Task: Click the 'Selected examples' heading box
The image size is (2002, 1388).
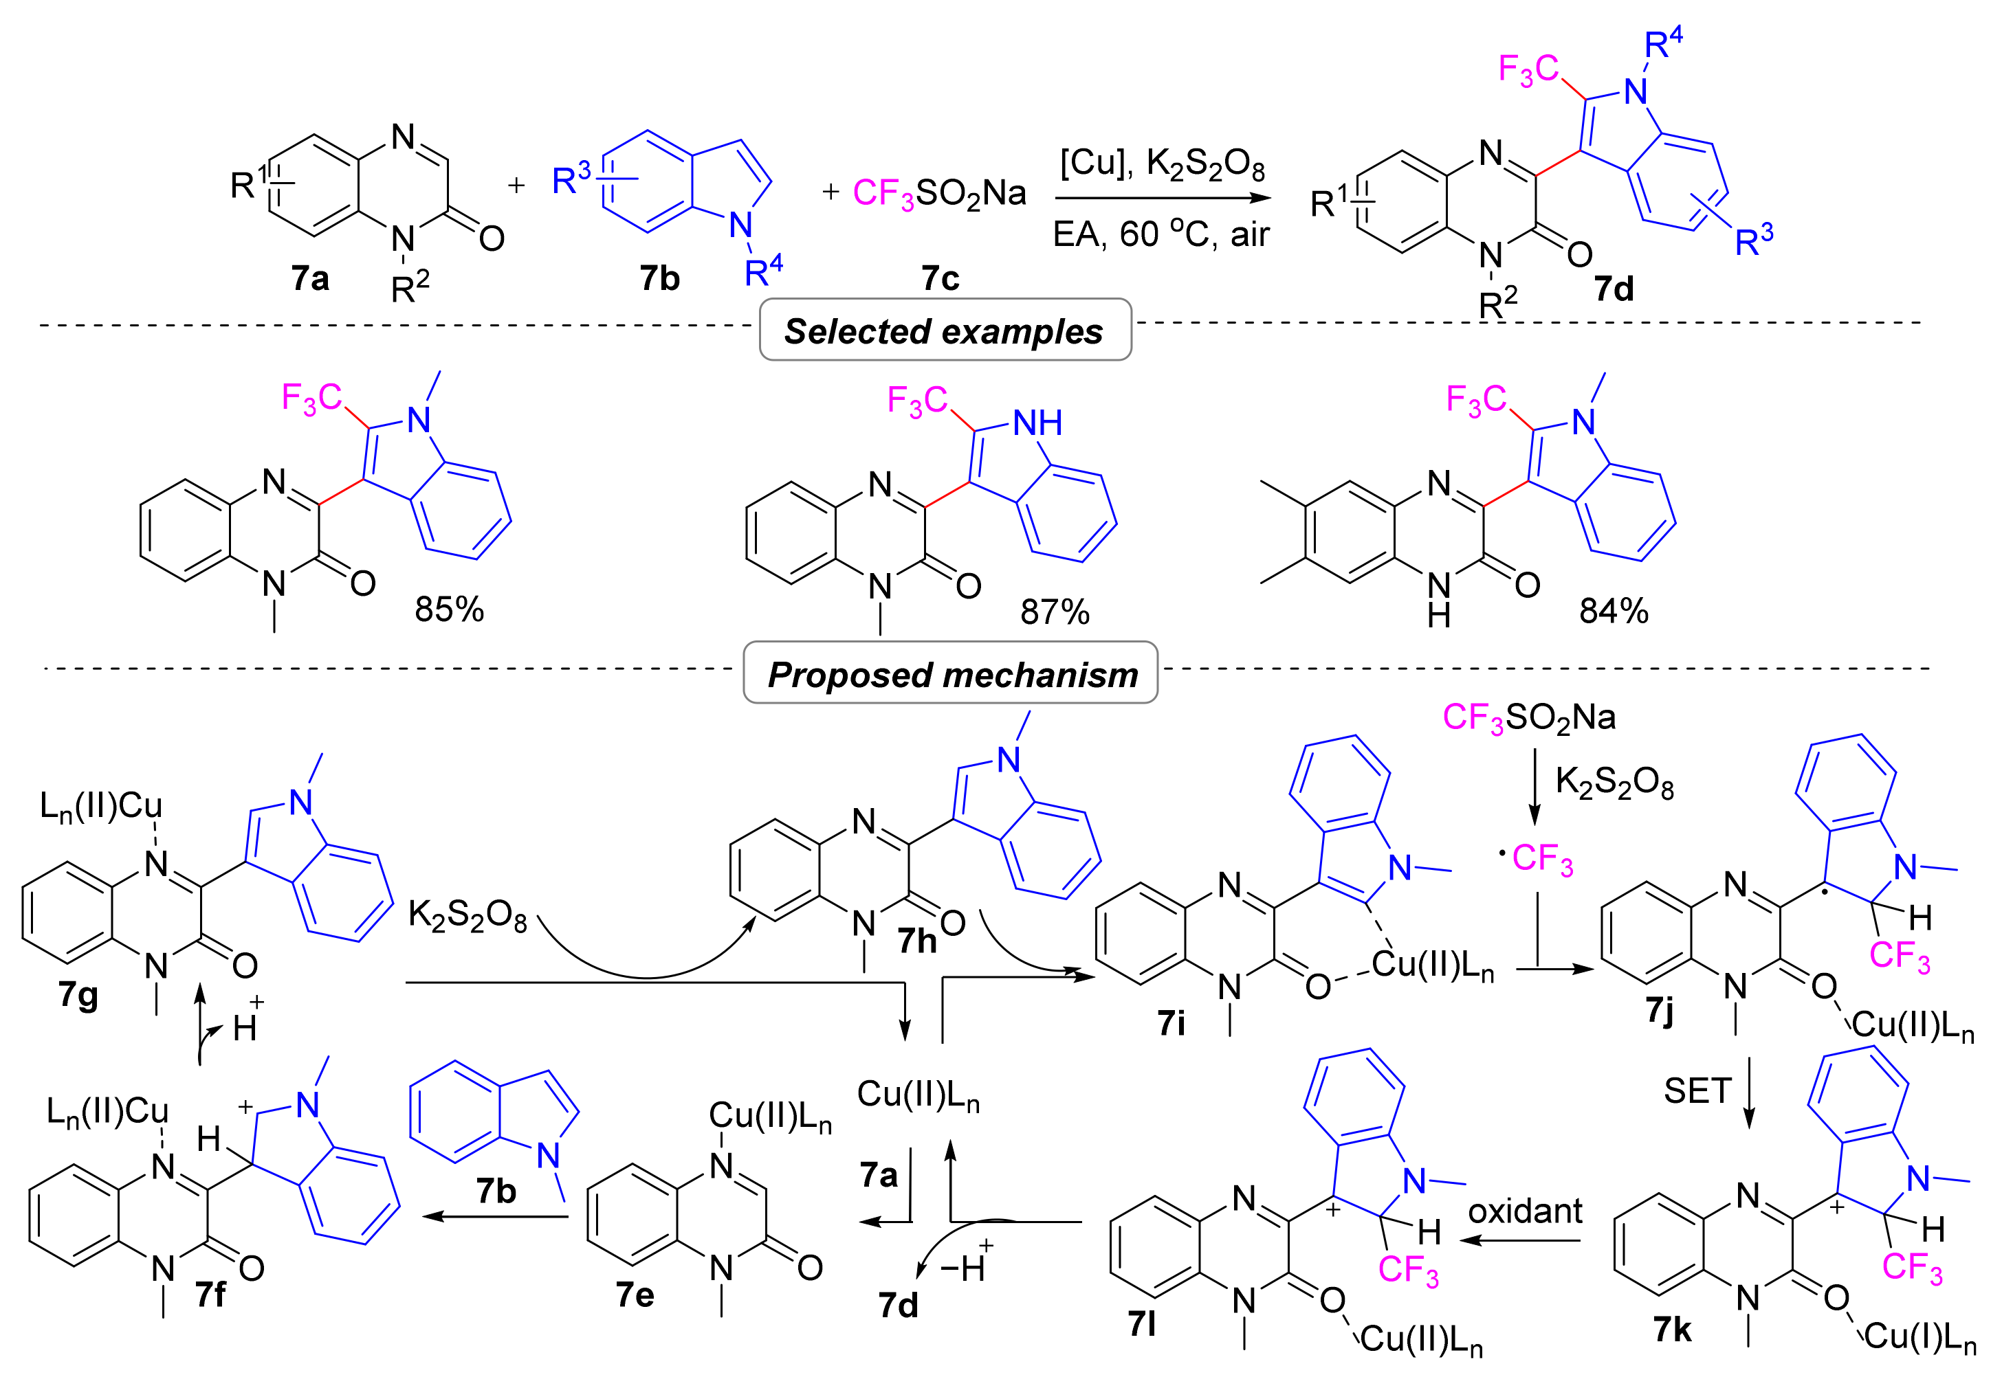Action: pyautogui.click(x=944, y=331)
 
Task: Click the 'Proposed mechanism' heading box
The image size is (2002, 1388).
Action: pyautogui.click(x=950, y=674)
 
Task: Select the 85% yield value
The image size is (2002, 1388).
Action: pyautogui.click(x=449, y=609)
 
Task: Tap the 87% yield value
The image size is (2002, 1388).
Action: pyautogui.click(x=1054, y=612)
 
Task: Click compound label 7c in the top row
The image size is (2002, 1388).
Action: pyautogui.click(x=940, y=278)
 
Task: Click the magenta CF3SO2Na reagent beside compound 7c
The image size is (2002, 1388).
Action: pyautogui.click(x=939, y=193)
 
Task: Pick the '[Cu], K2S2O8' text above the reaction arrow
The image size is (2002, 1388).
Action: pyautogui.click(x=1160, y=163)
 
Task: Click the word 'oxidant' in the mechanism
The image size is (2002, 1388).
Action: pyautogui.click(x=1524, y=1211)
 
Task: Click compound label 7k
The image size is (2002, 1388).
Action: pyautogui.click(x=1671, y=1329)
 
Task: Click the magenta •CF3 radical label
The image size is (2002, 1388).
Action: pyautogui.click(x=1537, y=859)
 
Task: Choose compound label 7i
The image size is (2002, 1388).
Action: pyautogui.click(x=1171, y=1022)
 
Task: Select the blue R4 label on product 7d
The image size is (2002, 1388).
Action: pyautogui.click(x=1662, y=42)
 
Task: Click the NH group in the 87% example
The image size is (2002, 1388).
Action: pyautogui.click(x=1037, y=423)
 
